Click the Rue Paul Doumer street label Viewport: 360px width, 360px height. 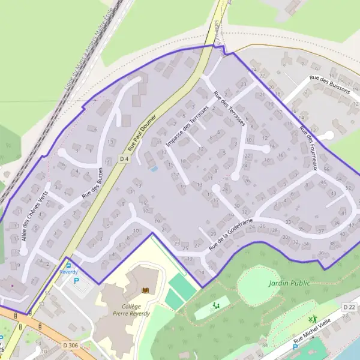tap(142, 133)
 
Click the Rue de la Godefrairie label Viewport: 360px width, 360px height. tap(230, 235)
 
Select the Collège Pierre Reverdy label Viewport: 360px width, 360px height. tap(131, 309)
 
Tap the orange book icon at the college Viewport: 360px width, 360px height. tap(144, 291)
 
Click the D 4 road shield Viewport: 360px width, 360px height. tap(124, 158)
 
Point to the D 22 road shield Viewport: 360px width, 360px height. tap(349, 307)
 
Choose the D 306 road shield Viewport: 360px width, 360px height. tap(71, 345)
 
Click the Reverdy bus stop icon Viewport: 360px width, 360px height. tap(68, 265)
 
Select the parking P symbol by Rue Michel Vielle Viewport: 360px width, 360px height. tap(296, 347)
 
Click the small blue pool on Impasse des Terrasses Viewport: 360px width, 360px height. tap(154, 169)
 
